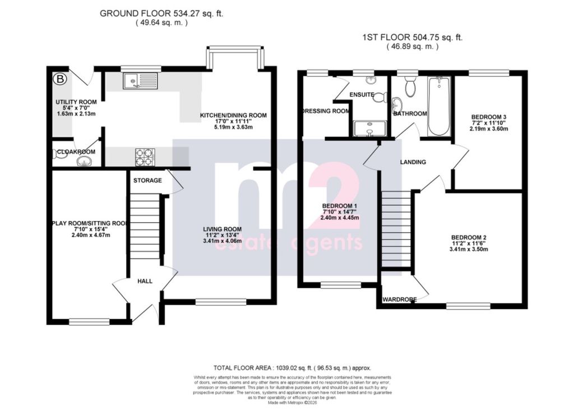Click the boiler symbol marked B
pos(59,80)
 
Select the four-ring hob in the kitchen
pos(145,157)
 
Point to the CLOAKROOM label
pos(76,152)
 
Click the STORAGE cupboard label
pos(147,181)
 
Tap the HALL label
pos(145,282)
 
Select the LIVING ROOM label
pos(222,229)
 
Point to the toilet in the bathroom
pos(410,87)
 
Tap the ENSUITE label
pos(362,95)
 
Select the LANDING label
pos(413,162)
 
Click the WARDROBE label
pos(399,300)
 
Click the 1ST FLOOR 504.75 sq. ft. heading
pos(412,38)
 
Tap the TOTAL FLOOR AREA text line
pos(292,367)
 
